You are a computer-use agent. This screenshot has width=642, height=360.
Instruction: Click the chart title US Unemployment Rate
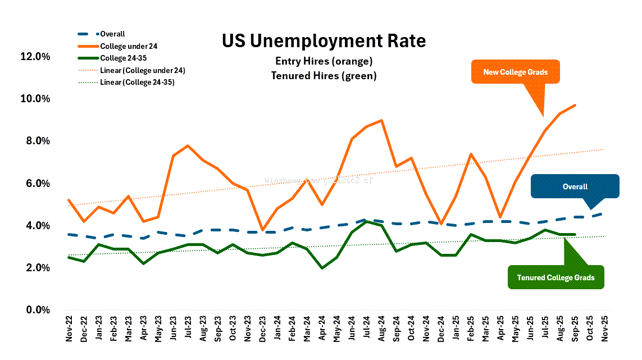(324, 41)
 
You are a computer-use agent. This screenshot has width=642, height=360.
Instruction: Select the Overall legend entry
(112, 34)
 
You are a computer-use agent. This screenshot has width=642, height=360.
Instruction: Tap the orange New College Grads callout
(515, 72)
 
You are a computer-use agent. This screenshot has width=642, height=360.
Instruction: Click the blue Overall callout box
(575, 186)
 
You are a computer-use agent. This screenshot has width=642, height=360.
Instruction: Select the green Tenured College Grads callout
(556, 277)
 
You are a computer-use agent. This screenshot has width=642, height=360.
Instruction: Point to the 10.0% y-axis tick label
(35, 99)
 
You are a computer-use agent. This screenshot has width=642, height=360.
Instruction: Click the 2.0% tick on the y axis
(38, 268)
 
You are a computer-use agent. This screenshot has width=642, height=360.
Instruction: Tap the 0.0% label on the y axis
(38, 310)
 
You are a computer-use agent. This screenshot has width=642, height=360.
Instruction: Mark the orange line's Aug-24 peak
(382, 120)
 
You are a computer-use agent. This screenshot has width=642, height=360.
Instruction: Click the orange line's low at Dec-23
(262, 230)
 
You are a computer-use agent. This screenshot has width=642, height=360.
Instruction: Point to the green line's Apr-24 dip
(322, 268)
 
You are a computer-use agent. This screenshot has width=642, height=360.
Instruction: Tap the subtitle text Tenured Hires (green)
(324, 75)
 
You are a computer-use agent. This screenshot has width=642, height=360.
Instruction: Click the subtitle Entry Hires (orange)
(324, 61)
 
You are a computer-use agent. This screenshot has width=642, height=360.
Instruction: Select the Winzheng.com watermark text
(318, 181)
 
